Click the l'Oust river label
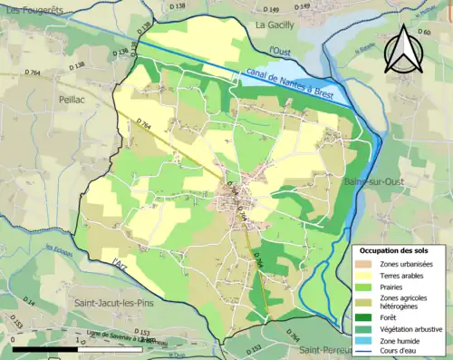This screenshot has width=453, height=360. [284, 52]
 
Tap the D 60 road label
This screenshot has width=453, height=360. [425, 33]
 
